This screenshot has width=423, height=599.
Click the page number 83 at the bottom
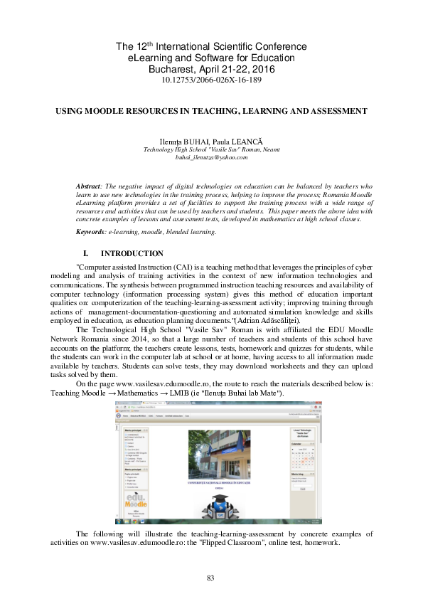click(x=210, y=578)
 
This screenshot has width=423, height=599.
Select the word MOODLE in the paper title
click(x=130, y=112)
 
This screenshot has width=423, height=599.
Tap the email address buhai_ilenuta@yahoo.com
click(x=211, y=157)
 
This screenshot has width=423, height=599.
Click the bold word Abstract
click(x=90, y=186)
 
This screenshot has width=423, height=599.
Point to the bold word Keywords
click(x=92, y=232)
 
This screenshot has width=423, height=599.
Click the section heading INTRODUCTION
click(x=132, y=253)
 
